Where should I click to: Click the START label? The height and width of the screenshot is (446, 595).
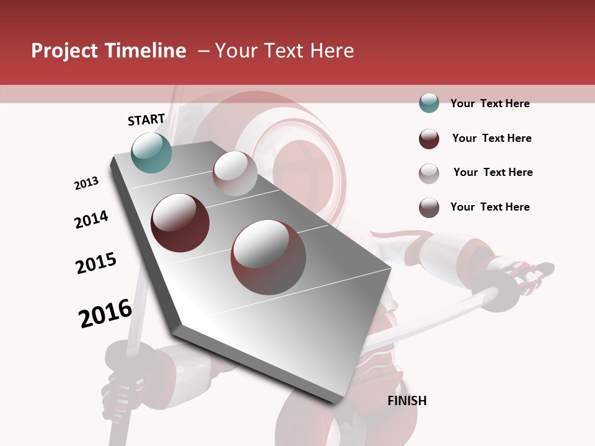(x=146, y=120)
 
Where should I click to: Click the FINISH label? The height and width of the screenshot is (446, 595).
(x=407, y=401)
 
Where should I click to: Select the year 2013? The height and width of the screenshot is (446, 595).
(x=86, y=183)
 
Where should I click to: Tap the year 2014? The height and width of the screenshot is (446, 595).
(x=91, y=219)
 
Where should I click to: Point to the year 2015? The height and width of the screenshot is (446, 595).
(x=96, y=263)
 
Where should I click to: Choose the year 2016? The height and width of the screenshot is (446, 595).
(x=105, y=313)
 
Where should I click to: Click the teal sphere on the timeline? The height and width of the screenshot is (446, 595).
(x=151, y=152)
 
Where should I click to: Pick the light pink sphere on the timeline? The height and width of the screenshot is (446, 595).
(x=235, y=173)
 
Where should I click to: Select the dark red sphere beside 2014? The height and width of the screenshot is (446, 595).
(x=180, y=223)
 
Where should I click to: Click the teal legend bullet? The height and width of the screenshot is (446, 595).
(x=429, y=103)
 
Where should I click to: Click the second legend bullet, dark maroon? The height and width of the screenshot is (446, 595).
(x=429, y=138)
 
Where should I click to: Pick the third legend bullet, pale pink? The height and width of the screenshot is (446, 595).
(x=429, y=173)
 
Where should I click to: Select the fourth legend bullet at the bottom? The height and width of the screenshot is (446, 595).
(x=429, y=208)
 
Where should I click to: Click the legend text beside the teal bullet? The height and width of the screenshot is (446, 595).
(x=490, y=103)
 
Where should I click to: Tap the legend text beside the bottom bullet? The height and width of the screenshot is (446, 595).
(x=490, y=207)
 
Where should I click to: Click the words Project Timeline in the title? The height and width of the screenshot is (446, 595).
(x=108, y=51)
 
